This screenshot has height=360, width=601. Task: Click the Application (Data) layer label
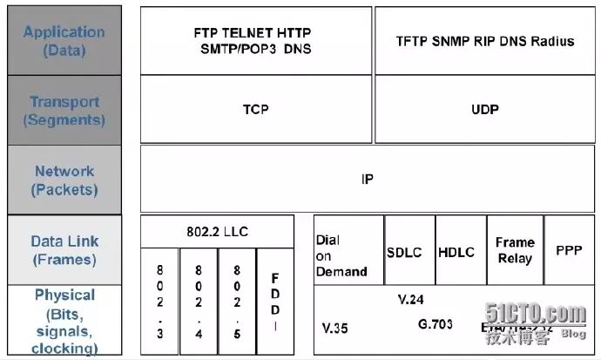(x=64, y=41)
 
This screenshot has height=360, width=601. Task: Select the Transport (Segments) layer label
(x=64, y=111)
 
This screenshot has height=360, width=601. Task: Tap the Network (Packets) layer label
(x=64, y=180)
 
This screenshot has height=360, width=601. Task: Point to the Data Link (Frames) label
(x=64, y=250)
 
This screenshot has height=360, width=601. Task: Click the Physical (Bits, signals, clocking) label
(x=64, y=322)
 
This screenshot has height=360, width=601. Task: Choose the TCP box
(x=255, y=110)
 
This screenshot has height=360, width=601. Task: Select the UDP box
(x=484, y=110)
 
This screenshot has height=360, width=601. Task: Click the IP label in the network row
(x=367, y=180)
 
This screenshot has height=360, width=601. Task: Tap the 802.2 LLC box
(x=217, y=231)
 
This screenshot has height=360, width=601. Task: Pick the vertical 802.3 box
(x=159, y=301)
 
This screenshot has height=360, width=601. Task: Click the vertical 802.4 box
(x=199, y=301)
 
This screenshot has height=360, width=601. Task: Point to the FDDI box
(x=275, y=301)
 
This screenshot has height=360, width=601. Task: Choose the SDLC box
(x=403, y=252)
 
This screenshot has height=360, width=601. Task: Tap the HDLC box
(x=456, y=252)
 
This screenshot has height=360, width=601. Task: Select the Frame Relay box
(x=514, y=251)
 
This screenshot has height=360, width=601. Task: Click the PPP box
(x=569, y=250)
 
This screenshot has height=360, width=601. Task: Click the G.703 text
(x=436, y=323)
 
